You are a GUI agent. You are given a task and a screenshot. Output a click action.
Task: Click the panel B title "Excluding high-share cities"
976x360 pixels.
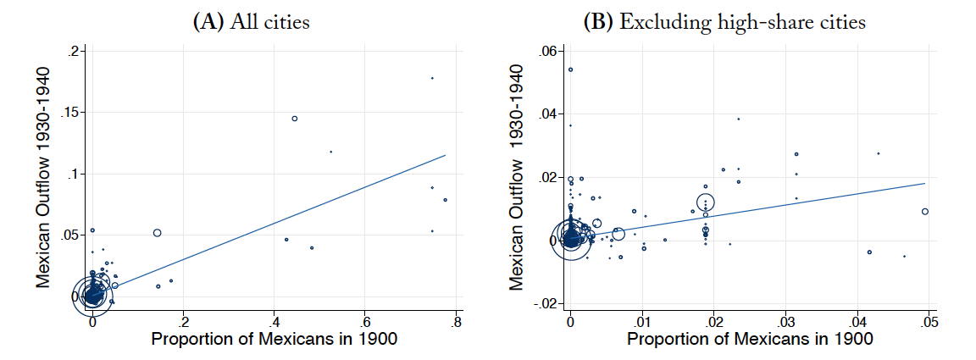point(724,22)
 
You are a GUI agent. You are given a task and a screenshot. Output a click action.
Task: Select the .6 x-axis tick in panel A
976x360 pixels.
point(365,323)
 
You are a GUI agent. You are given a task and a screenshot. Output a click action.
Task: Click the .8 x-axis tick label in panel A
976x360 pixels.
point(456,323)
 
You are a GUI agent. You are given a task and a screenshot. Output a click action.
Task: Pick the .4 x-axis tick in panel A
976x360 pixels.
point(274,323)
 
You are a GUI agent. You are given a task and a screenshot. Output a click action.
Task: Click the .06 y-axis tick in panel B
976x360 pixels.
point(547,52)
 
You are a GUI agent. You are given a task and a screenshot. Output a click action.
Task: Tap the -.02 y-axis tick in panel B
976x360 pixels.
point(545,304)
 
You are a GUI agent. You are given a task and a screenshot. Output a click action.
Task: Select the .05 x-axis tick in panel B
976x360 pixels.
point(929,323)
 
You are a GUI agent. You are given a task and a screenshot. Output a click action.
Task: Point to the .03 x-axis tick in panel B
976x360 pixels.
point(786,323)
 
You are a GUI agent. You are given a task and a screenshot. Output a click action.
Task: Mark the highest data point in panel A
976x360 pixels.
point(432,78)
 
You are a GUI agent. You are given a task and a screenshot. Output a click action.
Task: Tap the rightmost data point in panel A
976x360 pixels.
point(445,200)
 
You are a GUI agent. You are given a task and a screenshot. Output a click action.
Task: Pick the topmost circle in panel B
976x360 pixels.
point(570,69)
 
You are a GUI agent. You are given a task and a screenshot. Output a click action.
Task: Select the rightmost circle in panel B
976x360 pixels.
point(925,211)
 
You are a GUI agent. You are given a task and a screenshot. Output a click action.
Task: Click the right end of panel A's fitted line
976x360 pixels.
point(445,155)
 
